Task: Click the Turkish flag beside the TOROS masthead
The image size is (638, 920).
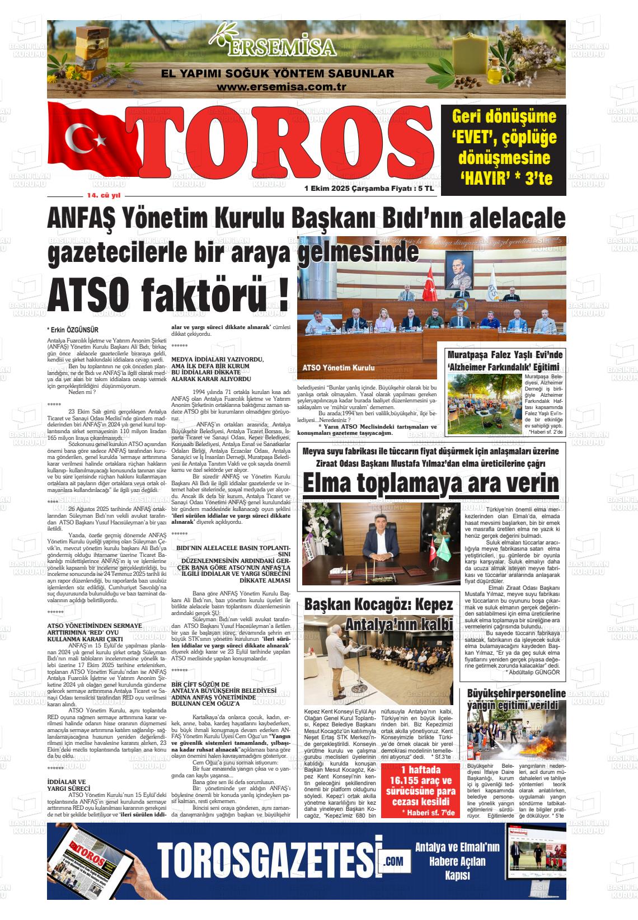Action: pos(90,140)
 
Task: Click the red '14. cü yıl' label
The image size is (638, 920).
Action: pos(104,196)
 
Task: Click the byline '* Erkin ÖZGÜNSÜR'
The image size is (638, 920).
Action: pos(73,330)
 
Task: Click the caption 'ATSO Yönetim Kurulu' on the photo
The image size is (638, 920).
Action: pos(338,368)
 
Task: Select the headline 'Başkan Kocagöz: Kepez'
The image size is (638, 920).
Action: pos(378,605)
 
